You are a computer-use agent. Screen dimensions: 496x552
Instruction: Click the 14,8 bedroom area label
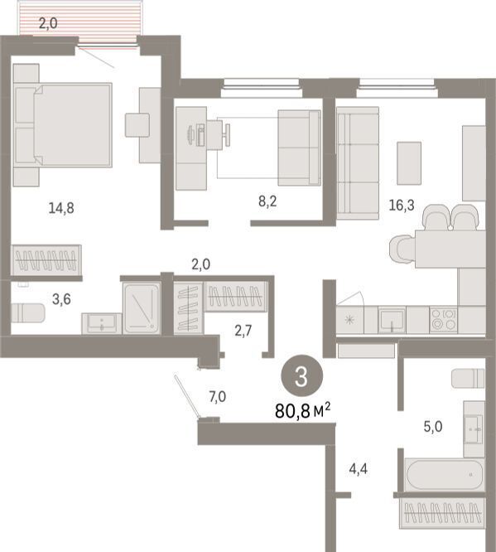[x=61, y=208]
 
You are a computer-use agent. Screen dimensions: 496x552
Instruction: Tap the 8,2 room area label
[x=267, y=201]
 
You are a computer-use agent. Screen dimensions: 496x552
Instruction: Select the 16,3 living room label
[x=402, y=205]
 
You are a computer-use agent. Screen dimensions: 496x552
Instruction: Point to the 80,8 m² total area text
[x=303, y=410]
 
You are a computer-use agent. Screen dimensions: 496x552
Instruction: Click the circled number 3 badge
[x=301, y=376]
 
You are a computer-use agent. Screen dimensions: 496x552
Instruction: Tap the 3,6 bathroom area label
[x=61, y=299]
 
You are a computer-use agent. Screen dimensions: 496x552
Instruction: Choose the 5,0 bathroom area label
[x=433, y=427]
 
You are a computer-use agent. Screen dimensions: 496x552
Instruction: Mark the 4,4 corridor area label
[x=359, y=469]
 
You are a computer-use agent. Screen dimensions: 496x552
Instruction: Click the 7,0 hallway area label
[x=218, y=397]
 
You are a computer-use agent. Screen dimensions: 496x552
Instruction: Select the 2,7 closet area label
[x=243, y=331]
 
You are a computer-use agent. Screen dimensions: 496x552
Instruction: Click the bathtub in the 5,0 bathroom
[x=444, y=475]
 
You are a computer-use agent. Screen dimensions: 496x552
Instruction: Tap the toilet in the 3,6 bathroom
[x=28, y=313]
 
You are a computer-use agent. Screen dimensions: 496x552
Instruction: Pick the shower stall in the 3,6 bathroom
[x=142, y=308]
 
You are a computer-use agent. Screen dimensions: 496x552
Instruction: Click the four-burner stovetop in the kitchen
[x=444, y=320]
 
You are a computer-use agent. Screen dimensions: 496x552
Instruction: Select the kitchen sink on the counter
[x=392, y=320]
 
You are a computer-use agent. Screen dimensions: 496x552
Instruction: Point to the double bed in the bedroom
[x=63, y=124]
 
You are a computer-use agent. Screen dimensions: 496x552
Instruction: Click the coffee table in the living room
[x=409, y=163]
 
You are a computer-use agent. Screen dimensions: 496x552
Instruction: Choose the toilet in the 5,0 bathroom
[x=468, y=379]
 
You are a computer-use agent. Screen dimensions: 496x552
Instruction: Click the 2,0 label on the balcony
[x=48, y=23]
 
